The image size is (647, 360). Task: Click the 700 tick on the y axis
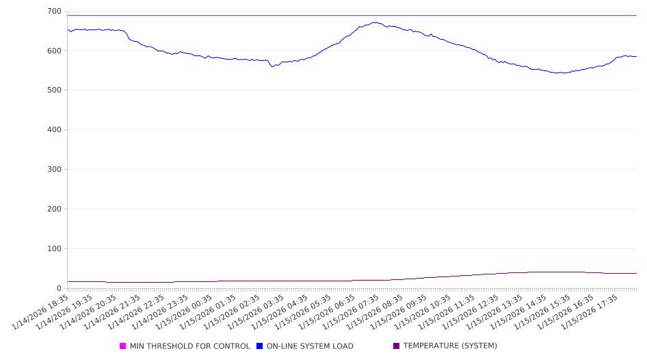pyautogui.click(x=53, y=11)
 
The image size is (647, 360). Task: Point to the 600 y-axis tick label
pyautogui.click(x=53, y=51)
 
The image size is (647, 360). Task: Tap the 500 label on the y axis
pyautogui.click(x=53, y=90)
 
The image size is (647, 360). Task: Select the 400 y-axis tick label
pyautogui.click(x=53, y=130)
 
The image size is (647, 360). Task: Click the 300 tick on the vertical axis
pyautogui.click(x=53, y=170)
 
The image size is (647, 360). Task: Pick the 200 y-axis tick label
pyautogui.click(x=53, y=209)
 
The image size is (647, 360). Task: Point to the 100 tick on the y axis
pyautogui.click(x=53, y=249)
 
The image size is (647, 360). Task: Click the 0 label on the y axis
pyautogui.click(x=59, y=289)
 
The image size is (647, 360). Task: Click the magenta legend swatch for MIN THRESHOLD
pyautogui.click(x=123, y=346)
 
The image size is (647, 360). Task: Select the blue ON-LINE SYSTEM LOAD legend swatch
pyautogui.click(x=260, y=346)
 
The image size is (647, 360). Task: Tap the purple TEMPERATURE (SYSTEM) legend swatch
pyautogui.click(x=396, y=346)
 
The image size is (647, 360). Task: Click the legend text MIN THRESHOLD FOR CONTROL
pyautogui.click(x=189, y=346)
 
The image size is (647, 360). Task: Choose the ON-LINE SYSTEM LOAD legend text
pyautogui.click(x=310, y=346)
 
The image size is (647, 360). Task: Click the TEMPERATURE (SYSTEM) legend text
pyautogui.click(x=450, y=346)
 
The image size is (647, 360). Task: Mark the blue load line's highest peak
pyautogui.click(x=375, y=22)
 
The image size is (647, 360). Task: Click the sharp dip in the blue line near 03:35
pyautogui.click(x=272, y=66)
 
